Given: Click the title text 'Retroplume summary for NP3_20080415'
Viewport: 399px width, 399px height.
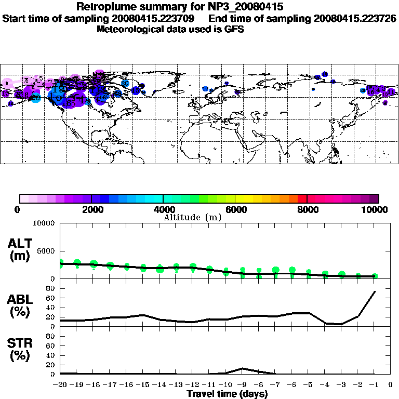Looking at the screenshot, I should (180, 7).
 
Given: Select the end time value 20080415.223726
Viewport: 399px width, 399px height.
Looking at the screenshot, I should (355, 18).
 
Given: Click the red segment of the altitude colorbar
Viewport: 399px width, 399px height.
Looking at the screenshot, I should (302, 198).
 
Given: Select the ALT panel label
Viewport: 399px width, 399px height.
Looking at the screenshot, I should (20, 250).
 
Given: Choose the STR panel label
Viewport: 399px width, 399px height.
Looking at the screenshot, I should (20, 350).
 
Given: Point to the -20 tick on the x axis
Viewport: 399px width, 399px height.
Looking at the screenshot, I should (60, 384).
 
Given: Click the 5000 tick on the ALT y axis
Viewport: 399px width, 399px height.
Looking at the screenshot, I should (46, 251).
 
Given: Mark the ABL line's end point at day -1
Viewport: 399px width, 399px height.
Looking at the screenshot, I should (375, 291).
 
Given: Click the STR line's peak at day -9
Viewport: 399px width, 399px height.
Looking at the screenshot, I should (242, 368).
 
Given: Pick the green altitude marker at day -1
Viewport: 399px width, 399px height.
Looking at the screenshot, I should (375, 276).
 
